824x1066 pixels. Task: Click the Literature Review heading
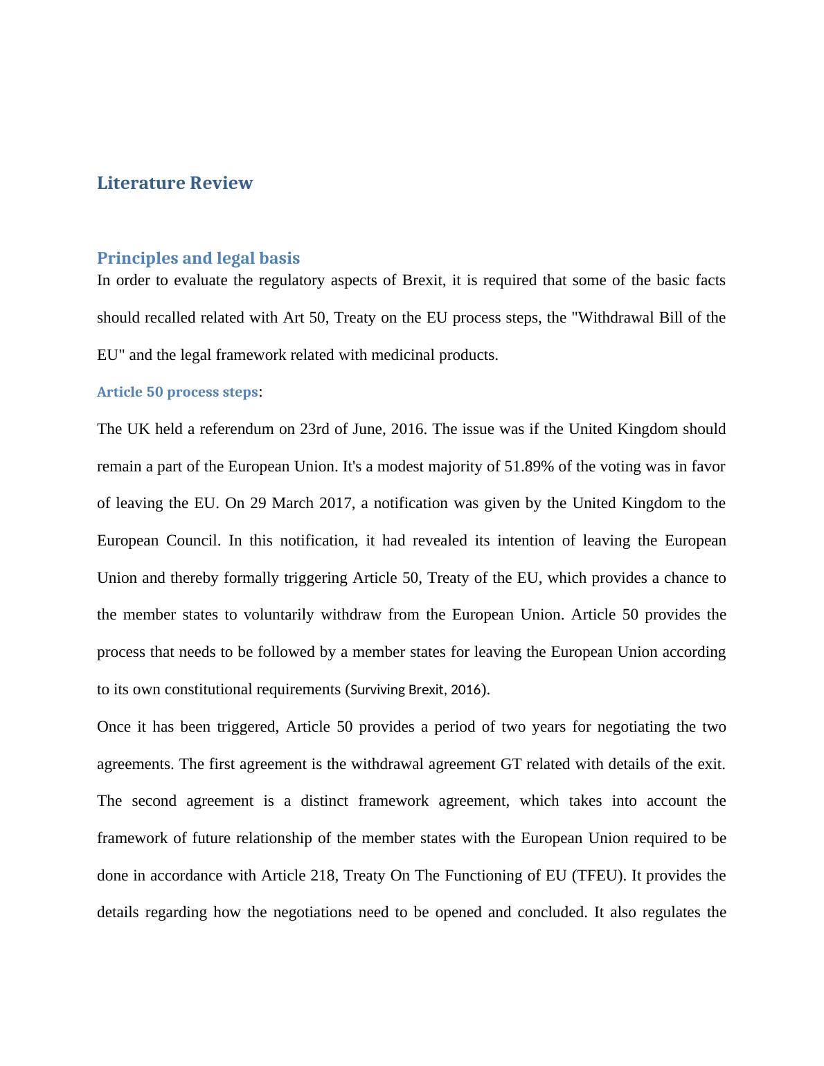click(x=174, y=183)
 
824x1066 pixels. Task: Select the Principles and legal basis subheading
click(x=198, y=258)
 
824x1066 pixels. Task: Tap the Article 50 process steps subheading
click(x=177, y=392)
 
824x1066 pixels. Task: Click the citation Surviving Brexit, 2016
click(x=415, y=689)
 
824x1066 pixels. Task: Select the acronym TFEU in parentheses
click(x=599, y=876)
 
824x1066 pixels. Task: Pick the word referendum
click(x=240, y=429)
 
